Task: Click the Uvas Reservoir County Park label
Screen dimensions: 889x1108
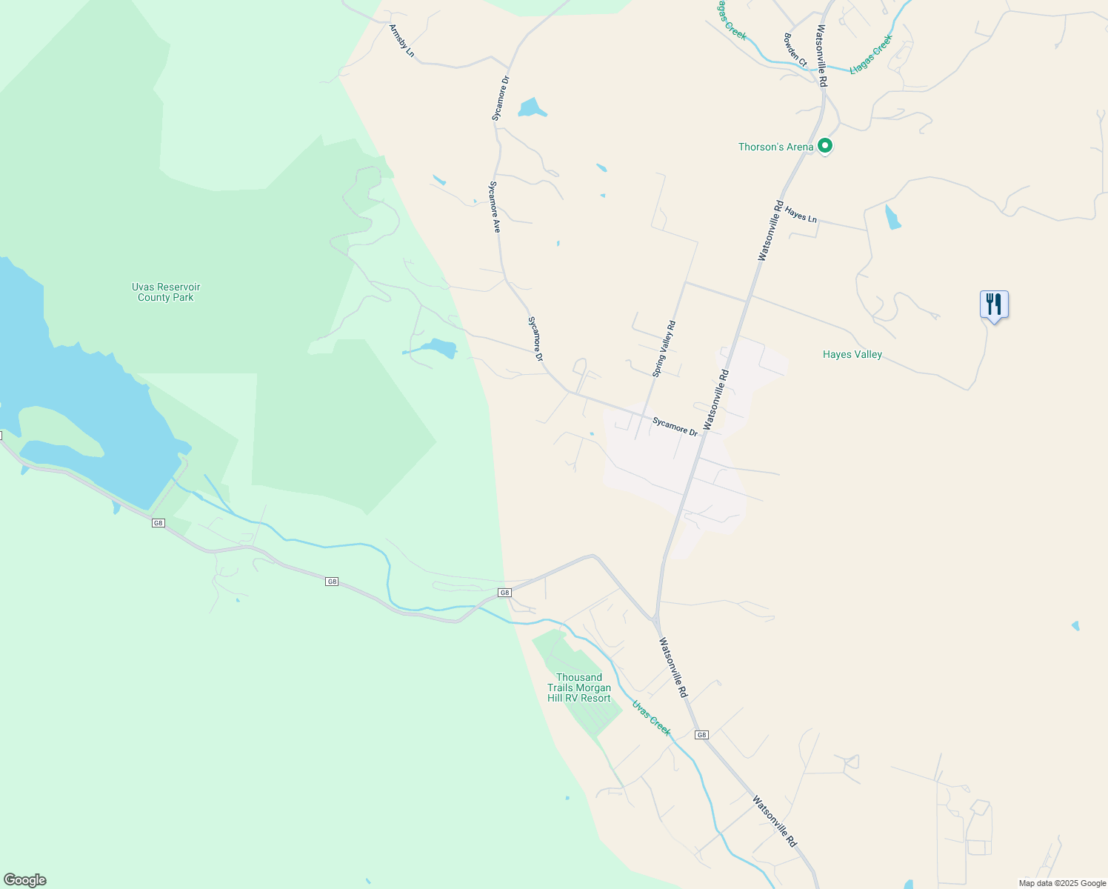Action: (x=166, y=292)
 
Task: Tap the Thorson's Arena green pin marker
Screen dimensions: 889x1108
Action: (x=824, y=146)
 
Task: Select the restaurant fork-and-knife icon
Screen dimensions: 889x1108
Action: (x=994, y=304)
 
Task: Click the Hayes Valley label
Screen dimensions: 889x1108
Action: (x=852, y=354)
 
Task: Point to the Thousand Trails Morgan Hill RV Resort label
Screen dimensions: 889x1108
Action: (x=579, y=687)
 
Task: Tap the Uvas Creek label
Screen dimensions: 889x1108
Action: (x=652, y=718)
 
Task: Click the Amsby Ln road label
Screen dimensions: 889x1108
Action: (x=402, y=40)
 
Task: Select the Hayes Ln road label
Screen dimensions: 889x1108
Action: (x=801, y=215)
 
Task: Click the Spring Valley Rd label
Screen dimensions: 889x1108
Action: (x=664, y=349)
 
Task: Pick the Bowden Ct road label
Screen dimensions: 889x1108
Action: (x=795, y=49)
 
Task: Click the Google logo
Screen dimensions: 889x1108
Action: (x=25, y=880)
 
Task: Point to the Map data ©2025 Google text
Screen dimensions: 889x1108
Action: (x=1062, y=883)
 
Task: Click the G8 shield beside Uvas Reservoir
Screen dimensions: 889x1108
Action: (x=158, y=523)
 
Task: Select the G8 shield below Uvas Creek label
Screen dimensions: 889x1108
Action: (x=701, y=735)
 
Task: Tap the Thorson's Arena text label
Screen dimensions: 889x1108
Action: (x=775, y=147)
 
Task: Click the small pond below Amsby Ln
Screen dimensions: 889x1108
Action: (x=531, y=108)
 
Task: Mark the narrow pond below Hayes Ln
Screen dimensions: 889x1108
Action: (x=892, y=217)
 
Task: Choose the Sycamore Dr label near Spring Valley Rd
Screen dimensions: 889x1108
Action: (x=675, y=426)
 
